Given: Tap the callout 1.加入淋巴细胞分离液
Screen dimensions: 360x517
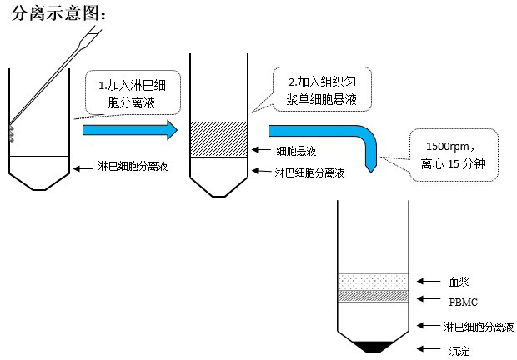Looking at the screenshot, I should [x=133, y=95].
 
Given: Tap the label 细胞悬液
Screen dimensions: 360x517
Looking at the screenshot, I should [x=296, y=151].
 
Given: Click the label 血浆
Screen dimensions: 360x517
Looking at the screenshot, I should [x=460, y=282].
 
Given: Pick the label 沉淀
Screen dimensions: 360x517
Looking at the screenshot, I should [x=459, y=352].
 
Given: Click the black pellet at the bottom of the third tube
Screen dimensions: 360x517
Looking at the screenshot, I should [x=372, y=345].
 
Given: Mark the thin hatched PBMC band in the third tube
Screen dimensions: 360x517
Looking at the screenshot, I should [x=372, y=296].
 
